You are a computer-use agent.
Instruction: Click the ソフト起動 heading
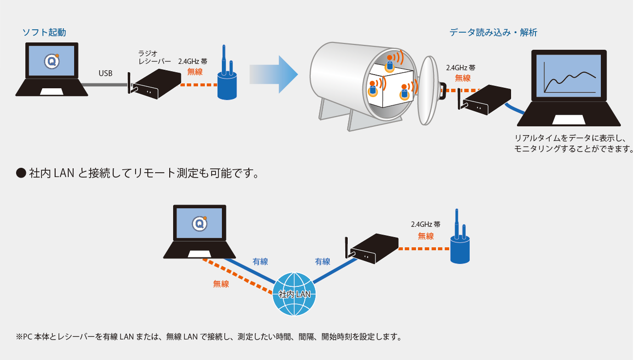click(x=44, y=33)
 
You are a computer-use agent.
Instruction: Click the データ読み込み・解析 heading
click(x=494, y=33)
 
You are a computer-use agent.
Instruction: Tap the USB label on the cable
click(x=105, y=73)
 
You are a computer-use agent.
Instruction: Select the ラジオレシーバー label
click(x=155, y=57)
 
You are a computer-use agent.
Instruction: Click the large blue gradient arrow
click(x=274, y=74)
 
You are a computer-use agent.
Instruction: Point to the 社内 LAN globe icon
click(x=294, y=294)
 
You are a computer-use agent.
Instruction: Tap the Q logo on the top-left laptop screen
click(x=52, y=61)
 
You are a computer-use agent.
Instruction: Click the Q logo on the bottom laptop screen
click(x=199, y=223)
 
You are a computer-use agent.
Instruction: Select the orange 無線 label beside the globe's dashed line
click(x=221, y=284)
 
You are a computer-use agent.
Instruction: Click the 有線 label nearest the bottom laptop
click(x=260, y=261)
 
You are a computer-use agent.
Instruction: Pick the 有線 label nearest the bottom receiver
click(x=323, y=261)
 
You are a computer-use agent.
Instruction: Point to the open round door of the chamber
click(x=429, y=91)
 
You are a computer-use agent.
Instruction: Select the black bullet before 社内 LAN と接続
click(x=21, y=173)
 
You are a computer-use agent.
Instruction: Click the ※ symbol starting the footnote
click(x=19, y=337)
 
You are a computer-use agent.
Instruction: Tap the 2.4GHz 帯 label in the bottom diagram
click(x=426, y=224)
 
